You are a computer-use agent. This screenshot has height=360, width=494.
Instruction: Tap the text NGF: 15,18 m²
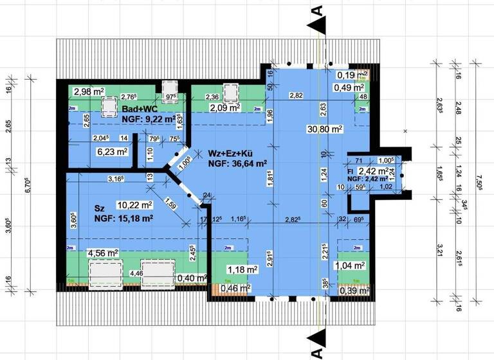click(x=124, y=218)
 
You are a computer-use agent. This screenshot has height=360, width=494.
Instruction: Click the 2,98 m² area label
click(x=89, y=91)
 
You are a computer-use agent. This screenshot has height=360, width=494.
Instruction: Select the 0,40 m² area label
click(x=191, y=278)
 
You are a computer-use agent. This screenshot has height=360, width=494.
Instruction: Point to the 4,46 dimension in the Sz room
click(x=136, y=273)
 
